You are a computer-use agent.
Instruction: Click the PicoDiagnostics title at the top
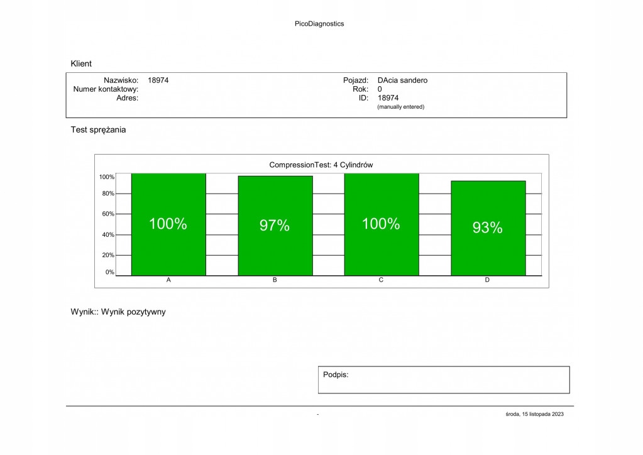tap(319, 24)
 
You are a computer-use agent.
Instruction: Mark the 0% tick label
tap(109, 272)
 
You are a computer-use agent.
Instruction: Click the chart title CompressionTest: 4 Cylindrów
tap(321, 165)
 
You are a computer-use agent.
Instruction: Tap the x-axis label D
tap(487, 280)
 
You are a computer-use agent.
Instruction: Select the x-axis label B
tap(275, 280)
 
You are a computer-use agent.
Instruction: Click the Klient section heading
tap(81, 63)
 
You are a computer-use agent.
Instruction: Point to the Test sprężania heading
tap(98, 130)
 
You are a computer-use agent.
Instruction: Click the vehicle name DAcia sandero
tap(402, 80)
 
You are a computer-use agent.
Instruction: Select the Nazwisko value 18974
tap(158, 80)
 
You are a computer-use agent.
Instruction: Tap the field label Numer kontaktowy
tap(106, 89)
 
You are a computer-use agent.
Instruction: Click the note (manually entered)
tap(400, 107)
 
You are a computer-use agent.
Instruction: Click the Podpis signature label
tap(336, 375)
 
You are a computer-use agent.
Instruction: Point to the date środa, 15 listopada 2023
tap(534, 414)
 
